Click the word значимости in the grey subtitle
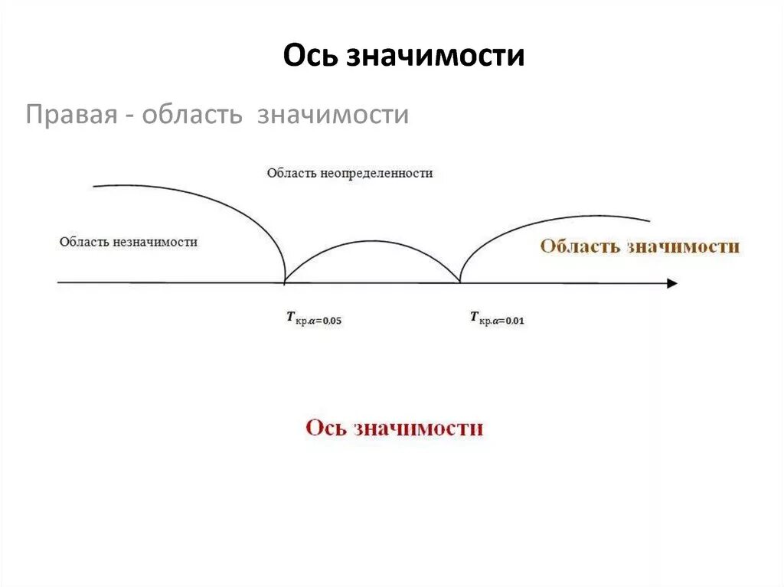click(333, 116)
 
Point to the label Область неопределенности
click(350, 173)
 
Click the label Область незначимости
click(129, 241)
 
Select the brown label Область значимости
click(640, 246)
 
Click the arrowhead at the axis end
click(671, 283)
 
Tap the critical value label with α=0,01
click(497, 318)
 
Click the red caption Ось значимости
click(394, 428)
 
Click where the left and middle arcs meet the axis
click(286, 282)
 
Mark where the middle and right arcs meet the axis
click(460, 282)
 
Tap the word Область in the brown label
click(580, 246)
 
